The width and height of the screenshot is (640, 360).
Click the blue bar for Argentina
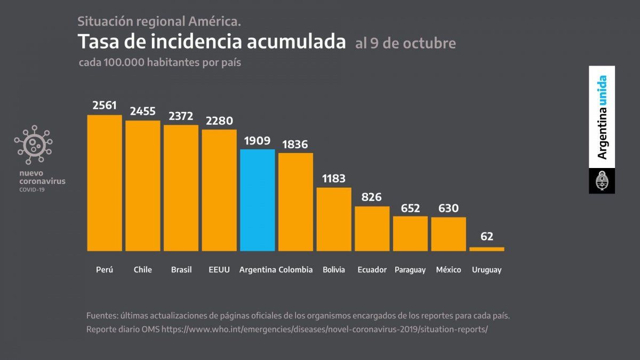[258, 200]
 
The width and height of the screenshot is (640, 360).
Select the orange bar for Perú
[105, 183]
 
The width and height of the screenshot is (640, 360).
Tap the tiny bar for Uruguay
[486, 249]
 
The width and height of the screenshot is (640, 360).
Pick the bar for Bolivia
[334, 219]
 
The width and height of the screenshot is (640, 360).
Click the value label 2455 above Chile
[143, 111]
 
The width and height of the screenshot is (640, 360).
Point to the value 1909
[258, 141]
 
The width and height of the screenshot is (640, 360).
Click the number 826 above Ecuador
[372, 197]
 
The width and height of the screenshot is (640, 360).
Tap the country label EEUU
[219, 270]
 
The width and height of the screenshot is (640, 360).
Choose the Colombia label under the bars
[295, 270]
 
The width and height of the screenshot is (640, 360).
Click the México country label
[449, 270]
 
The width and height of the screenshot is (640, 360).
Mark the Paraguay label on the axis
[410, 270]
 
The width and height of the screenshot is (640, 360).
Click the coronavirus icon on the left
[34, 145]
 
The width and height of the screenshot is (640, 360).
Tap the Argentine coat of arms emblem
[602, 181]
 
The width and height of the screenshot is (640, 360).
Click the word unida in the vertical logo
[602, 89]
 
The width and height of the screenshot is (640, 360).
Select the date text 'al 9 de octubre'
[405, 43]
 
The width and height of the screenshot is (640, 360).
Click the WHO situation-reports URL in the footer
[325, 330]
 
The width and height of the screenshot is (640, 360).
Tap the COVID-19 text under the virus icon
[32, 189]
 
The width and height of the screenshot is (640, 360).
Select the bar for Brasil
[181, 188]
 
